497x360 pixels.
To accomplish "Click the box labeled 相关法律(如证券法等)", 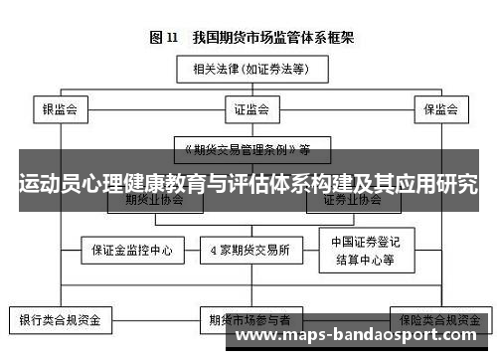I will click(x=248, y=70).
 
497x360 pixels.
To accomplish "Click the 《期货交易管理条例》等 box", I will click(x=248, y=150).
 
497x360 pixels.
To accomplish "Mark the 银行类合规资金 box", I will click(x=61, y=321).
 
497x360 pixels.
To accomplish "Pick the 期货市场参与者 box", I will click(x=249, y=321).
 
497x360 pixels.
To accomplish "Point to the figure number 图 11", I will click(x=164, y=38).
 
